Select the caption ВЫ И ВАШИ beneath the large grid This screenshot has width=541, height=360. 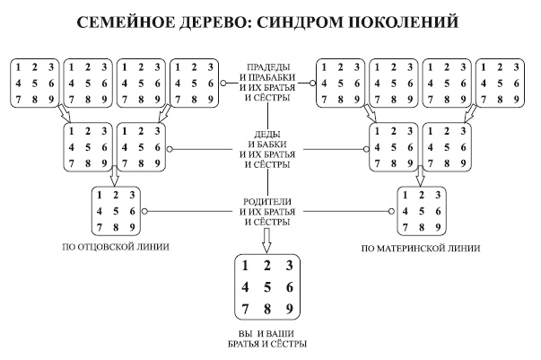[266, 333]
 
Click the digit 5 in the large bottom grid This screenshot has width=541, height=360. [266, 288]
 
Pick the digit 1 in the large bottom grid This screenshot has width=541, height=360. [243, 266]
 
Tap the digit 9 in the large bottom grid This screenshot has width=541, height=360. [289, 311]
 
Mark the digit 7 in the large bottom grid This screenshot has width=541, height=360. [243, 311]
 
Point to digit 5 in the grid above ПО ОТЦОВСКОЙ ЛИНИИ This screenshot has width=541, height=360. [116, 211]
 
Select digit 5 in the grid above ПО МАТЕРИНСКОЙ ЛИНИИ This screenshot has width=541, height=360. [418, 211]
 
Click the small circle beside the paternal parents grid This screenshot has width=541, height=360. [144, 212]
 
